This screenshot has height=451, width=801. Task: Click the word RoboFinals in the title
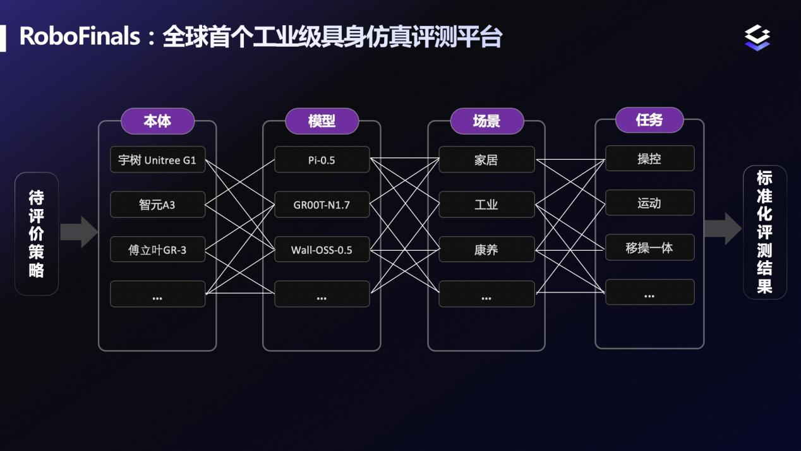pyautogui.click(x=80, y=37)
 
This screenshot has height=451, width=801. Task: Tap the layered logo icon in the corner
pyautogui.click(x=757, y=37)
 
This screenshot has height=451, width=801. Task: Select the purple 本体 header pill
pyautogui.click(x=158, y=121)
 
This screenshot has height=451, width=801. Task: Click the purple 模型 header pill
pyautogui.click(x=322, y=121)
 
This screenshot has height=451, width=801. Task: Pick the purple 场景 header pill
pyautogui.click(x=486, y=121)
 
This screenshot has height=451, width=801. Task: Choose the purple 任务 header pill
pyautogui.click(x=649, y=120)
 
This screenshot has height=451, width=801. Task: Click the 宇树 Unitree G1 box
pyautogui.click(x=158, y=160)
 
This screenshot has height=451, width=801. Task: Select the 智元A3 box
pyautogui.click(x=158, y=205)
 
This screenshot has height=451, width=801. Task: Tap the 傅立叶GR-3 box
pyautogui.click(x=158, y=250)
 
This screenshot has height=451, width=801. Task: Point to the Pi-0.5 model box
pyautogui.click(x=322, y=160)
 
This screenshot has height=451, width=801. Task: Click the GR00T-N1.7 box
pyautogui.click(x=322, y=205)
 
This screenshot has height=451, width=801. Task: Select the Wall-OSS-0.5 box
pyautogui.click(x=322, y=250)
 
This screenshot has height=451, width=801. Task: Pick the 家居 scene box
pyautogui.click(x=486, y=160)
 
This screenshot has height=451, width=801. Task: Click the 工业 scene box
pyautogui.click(x=486, y=205)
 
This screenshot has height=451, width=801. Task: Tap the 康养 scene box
pyautogui.click(x=486, y=250)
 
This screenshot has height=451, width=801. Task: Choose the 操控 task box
pyautogui.click(x=650, y=158)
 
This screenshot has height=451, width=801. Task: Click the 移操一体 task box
pyautogui.click(x=650, y=247)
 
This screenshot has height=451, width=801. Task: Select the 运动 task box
pyautogui.click(x=650, y=203)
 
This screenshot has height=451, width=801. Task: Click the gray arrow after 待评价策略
pyautogui.click(x=79, y=232)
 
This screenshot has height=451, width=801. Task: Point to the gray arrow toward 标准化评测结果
pyautogui.click(x=723, y=229)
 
